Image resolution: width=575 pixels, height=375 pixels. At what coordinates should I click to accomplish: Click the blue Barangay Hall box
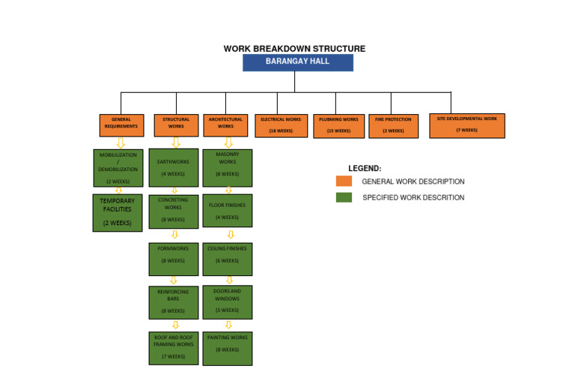297,62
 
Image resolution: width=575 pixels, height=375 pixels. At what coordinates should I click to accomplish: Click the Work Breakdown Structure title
294,49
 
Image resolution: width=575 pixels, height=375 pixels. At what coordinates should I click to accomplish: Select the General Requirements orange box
121,124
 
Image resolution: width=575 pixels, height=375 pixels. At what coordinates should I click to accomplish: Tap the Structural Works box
176,124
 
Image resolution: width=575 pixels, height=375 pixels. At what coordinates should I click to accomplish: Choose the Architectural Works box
225,124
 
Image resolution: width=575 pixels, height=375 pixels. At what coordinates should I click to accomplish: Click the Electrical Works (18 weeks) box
281,125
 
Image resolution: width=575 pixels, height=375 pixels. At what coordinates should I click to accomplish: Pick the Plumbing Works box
338,125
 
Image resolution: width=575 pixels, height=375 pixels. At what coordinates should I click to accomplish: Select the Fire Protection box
394,125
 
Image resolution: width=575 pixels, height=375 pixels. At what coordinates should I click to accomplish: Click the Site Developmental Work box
466,125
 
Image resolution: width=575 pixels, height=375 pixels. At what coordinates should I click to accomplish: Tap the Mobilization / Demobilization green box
118,168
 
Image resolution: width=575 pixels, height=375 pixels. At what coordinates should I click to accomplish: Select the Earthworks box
173,168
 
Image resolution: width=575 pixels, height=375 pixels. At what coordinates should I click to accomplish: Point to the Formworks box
173,259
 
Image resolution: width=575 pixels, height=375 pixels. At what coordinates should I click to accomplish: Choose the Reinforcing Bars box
173,301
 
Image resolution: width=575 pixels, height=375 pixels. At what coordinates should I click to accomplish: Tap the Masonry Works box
227,168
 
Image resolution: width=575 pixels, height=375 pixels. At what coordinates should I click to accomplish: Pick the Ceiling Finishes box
227,259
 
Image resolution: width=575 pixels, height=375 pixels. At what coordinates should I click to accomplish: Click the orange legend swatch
344,181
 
